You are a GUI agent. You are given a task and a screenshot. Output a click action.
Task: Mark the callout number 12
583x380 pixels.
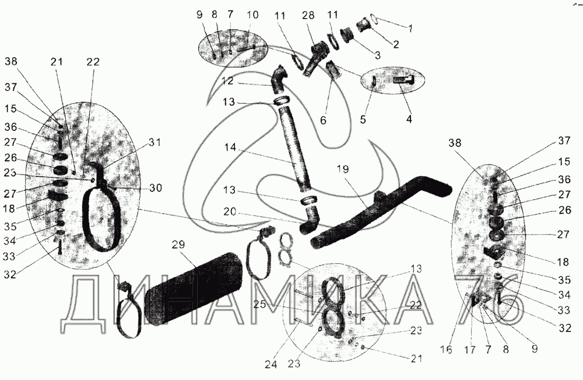coord(228,79)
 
